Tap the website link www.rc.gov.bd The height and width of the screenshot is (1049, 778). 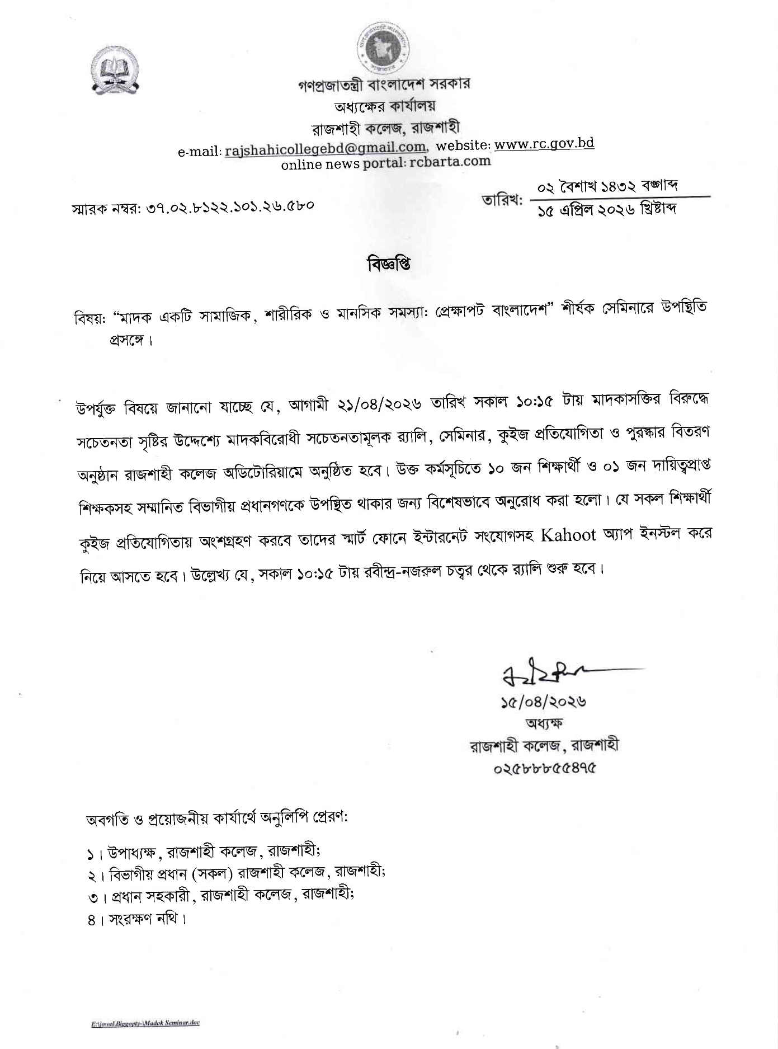click(x=544, y=144)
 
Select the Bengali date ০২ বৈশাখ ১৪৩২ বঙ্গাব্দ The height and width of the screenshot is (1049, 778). click(x=607, y=185)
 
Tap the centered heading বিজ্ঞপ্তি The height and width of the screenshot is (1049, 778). click(x=389, y=264)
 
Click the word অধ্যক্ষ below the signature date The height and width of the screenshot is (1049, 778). click(x=544, y=723)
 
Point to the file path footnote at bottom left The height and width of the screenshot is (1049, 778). click(x=145, y=1023)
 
